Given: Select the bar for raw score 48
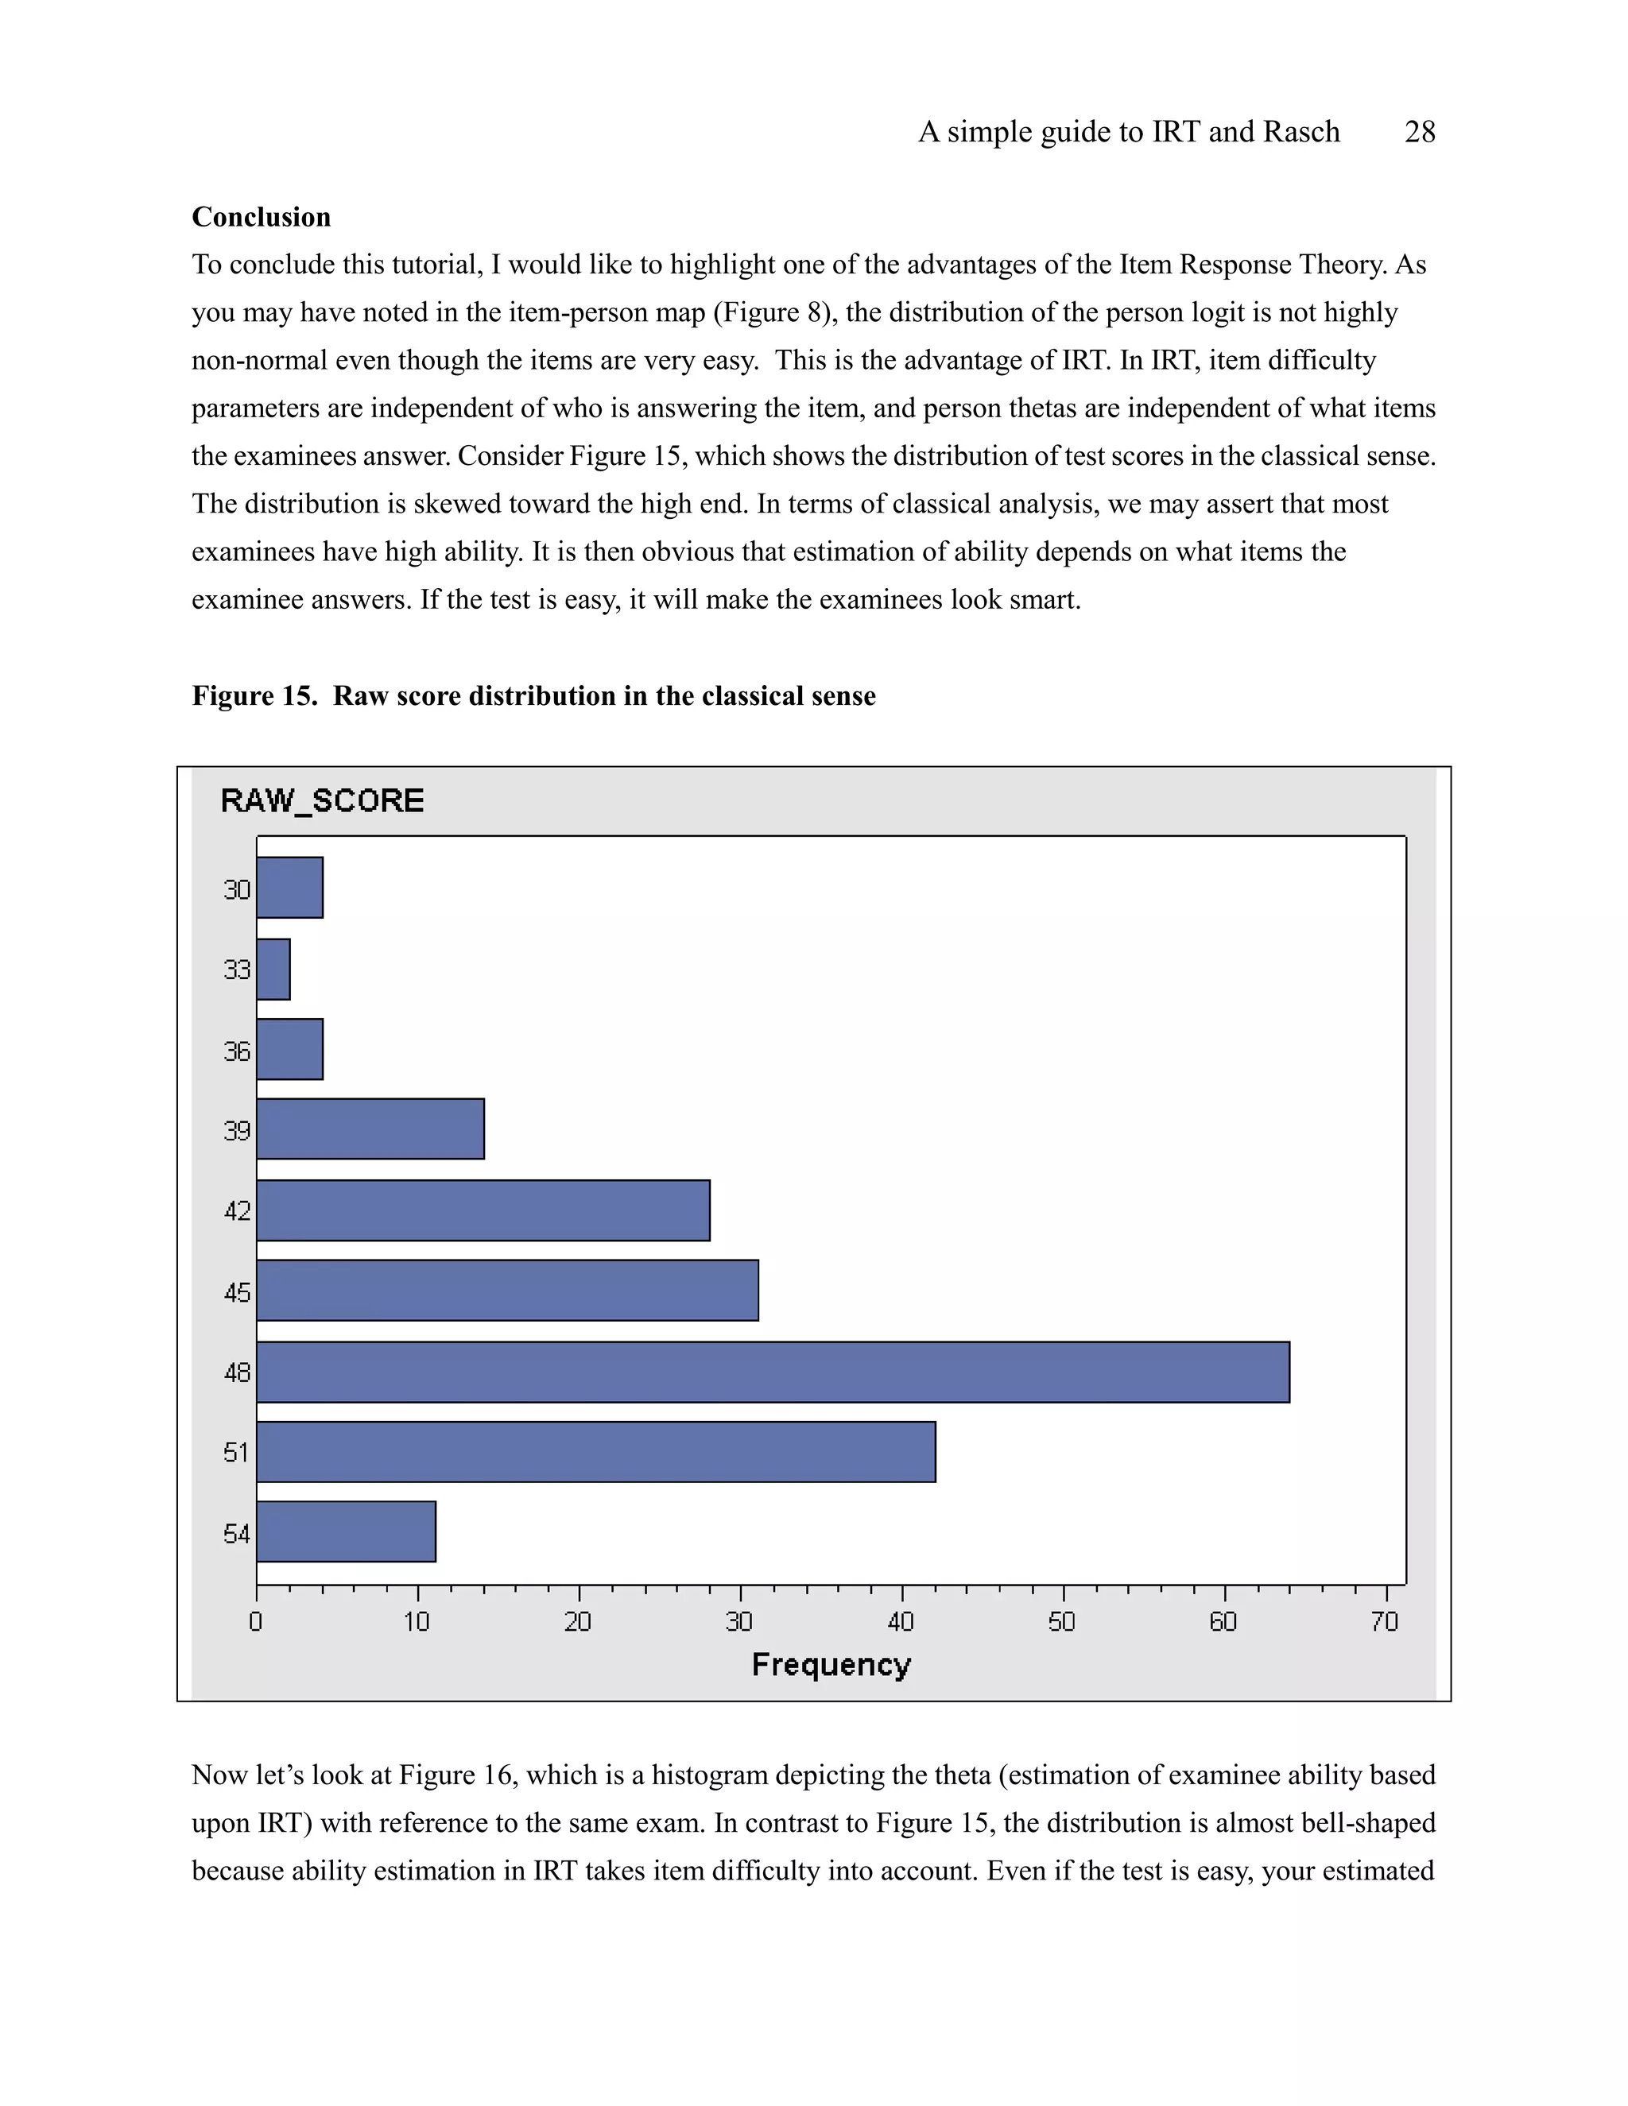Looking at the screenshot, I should pos(772,1371).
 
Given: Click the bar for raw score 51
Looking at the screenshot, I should pos(595,1451).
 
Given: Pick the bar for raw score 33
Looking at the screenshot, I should pos(273,969).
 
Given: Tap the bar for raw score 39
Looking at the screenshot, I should pos(370,1128).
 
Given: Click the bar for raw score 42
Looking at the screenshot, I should pos(483,1210).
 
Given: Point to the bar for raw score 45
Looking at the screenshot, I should pos(506,1290).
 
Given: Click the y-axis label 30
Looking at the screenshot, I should pos(237,889).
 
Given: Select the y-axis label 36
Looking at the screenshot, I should pos(237,1050).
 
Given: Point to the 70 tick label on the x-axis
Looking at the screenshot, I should pos(1384,1622).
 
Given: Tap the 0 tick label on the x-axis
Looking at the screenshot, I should pos(256,1622).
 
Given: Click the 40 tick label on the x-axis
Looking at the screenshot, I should pos(900,1622).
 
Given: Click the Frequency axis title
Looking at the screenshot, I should pos(831,1665).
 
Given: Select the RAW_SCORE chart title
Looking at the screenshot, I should pos(322,800).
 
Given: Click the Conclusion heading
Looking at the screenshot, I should pos(261,217).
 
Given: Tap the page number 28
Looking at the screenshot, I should pos(1420,132).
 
